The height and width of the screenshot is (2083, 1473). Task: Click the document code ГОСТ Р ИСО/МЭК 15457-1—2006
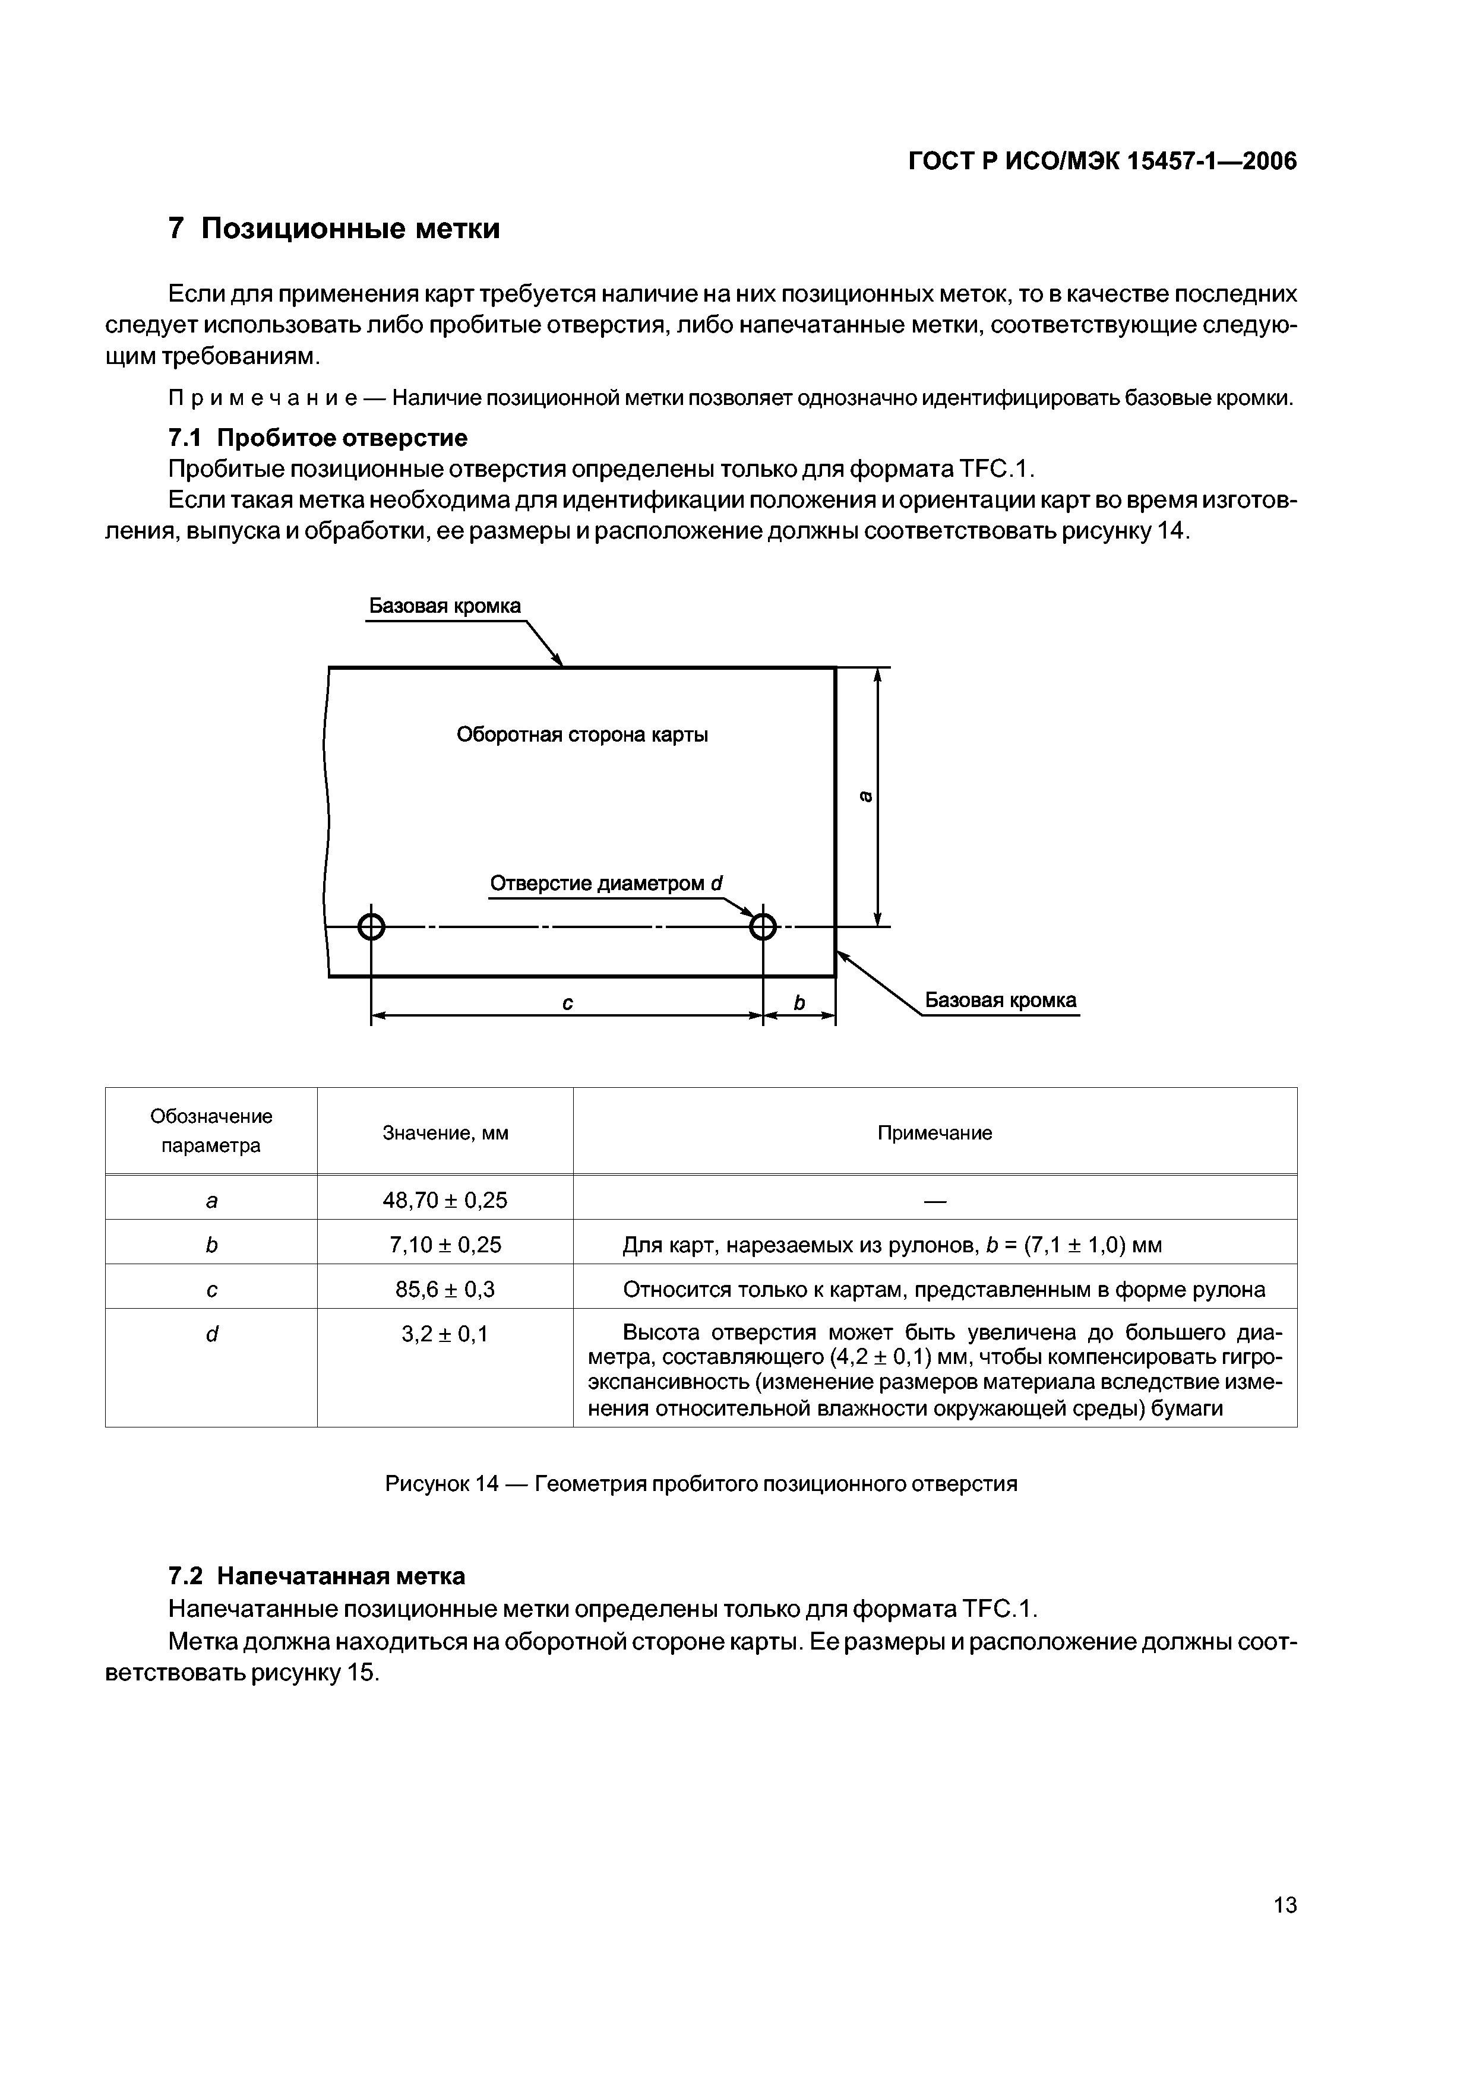(1103, 162)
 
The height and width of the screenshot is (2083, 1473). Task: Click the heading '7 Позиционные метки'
(334, 227)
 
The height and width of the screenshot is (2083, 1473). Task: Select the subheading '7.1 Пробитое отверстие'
(318, 438)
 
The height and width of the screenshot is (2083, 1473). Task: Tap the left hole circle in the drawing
(371, 927)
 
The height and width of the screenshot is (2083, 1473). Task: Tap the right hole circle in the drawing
(763, 927)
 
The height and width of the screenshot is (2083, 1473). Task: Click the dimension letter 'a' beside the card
(866, 796)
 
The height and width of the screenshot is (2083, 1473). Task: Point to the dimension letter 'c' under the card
(567, 1002)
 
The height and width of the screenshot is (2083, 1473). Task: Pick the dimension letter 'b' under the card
(799, 1002)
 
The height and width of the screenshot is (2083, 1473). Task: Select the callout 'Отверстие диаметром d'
(605, 884)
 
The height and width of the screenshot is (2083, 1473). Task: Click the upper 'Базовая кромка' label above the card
(445, 606)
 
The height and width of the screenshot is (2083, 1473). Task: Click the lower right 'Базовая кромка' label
(1000, 1000)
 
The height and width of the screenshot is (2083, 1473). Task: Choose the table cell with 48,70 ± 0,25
(445, 1200)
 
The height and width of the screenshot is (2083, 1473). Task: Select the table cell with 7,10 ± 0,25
(445, 1245)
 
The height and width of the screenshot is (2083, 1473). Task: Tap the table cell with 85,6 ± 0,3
(445, 1289)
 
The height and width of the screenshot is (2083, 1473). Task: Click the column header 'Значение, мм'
(445, 1133)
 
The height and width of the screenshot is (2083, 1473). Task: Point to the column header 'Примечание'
(935, 1133)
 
